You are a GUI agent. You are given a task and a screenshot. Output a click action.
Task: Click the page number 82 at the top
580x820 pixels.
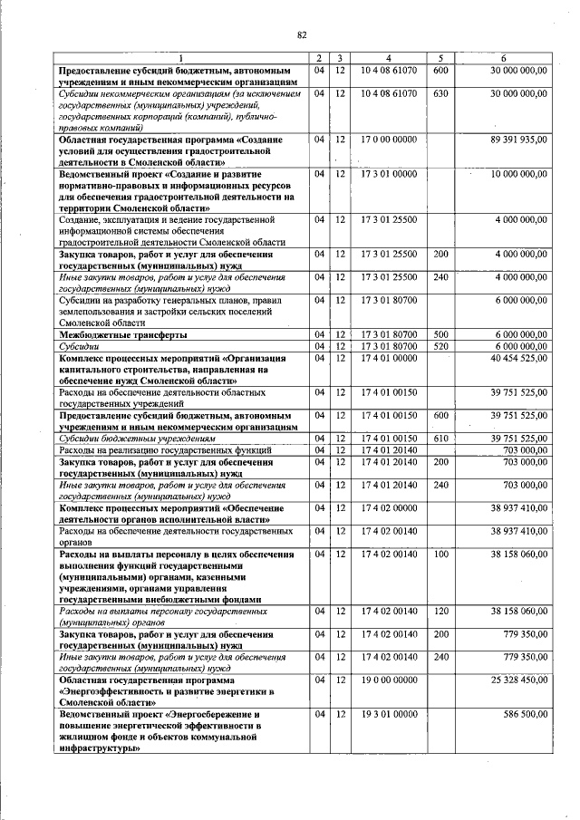coord(302,35)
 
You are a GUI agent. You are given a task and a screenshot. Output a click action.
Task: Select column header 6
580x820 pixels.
coord(503,60)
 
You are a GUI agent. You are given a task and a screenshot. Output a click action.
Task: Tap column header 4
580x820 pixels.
coord(388,60)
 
